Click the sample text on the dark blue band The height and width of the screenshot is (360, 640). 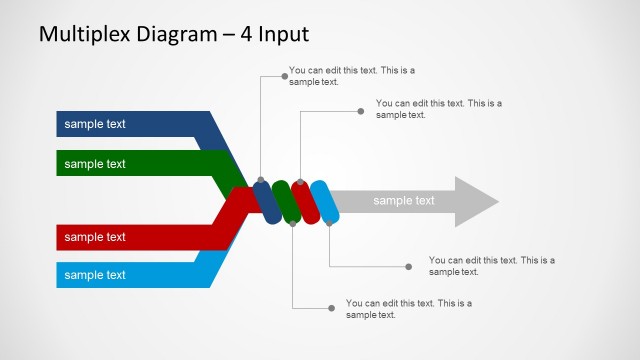tap(95, 124)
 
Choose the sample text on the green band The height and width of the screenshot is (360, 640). tap(95, 163)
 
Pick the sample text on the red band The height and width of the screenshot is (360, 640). tap(95, 237)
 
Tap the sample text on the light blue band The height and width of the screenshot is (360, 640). tap(95, 275)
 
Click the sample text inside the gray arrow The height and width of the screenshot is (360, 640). tap(404, 201)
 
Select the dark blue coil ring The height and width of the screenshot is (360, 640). tap(267, 201)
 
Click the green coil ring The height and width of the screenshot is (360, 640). tap(286, 201)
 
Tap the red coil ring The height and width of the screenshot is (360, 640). tap(305, 201)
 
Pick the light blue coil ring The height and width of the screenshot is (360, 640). tap(324, 201)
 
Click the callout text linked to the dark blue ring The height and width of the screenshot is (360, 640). tap(351, 76)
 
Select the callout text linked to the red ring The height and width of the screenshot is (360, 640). tap(438, 108)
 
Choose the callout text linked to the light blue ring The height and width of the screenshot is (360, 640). tap(491, 265)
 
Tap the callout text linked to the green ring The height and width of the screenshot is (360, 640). tap(408, 308)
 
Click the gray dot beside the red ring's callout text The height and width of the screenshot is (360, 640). tap(361, 111)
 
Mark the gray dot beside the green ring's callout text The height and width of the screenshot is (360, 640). tap(332, 307)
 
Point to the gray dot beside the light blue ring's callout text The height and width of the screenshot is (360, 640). tap(408, 266)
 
